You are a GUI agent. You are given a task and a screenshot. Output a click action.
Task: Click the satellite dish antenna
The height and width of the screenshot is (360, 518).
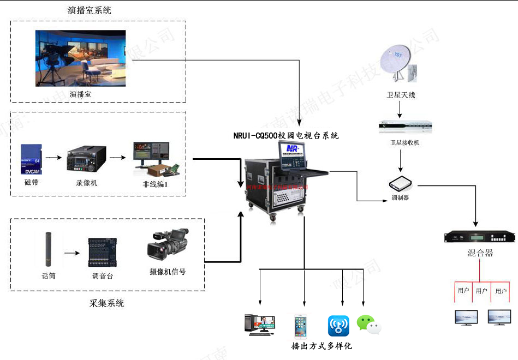pos(400,62)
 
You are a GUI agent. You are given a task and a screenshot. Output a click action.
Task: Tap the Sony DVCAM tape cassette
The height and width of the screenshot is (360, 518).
pos(31,159)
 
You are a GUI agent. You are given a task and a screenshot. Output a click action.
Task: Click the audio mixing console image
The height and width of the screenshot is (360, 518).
pos(103,252)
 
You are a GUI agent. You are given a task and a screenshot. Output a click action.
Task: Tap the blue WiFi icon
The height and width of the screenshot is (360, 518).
pos(338,326)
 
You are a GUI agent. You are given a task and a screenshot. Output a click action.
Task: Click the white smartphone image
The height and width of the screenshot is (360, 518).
pos(300,326)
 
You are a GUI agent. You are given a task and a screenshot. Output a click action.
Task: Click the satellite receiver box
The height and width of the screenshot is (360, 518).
pos(405,127)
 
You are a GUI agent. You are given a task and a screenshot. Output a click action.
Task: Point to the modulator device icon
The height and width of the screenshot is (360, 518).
pos(400,182)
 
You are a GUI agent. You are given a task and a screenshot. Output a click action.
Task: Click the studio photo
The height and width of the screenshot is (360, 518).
pos(81,58)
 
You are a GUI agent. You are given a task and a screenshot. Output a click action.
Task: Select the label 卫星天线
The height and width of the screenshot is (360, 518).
pos(401,95)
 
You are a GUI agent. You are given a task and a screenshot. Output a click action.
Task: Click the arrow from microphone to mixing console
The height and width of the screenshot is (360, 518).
pos(72,253)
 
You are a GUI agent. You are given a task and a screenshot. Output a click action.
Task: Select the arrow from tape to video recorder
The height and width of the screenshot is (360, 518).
pos(52,158)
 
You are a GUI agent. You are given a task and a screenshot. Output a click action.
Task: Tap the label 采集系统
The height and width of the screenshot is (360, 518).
pos(106,303)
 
